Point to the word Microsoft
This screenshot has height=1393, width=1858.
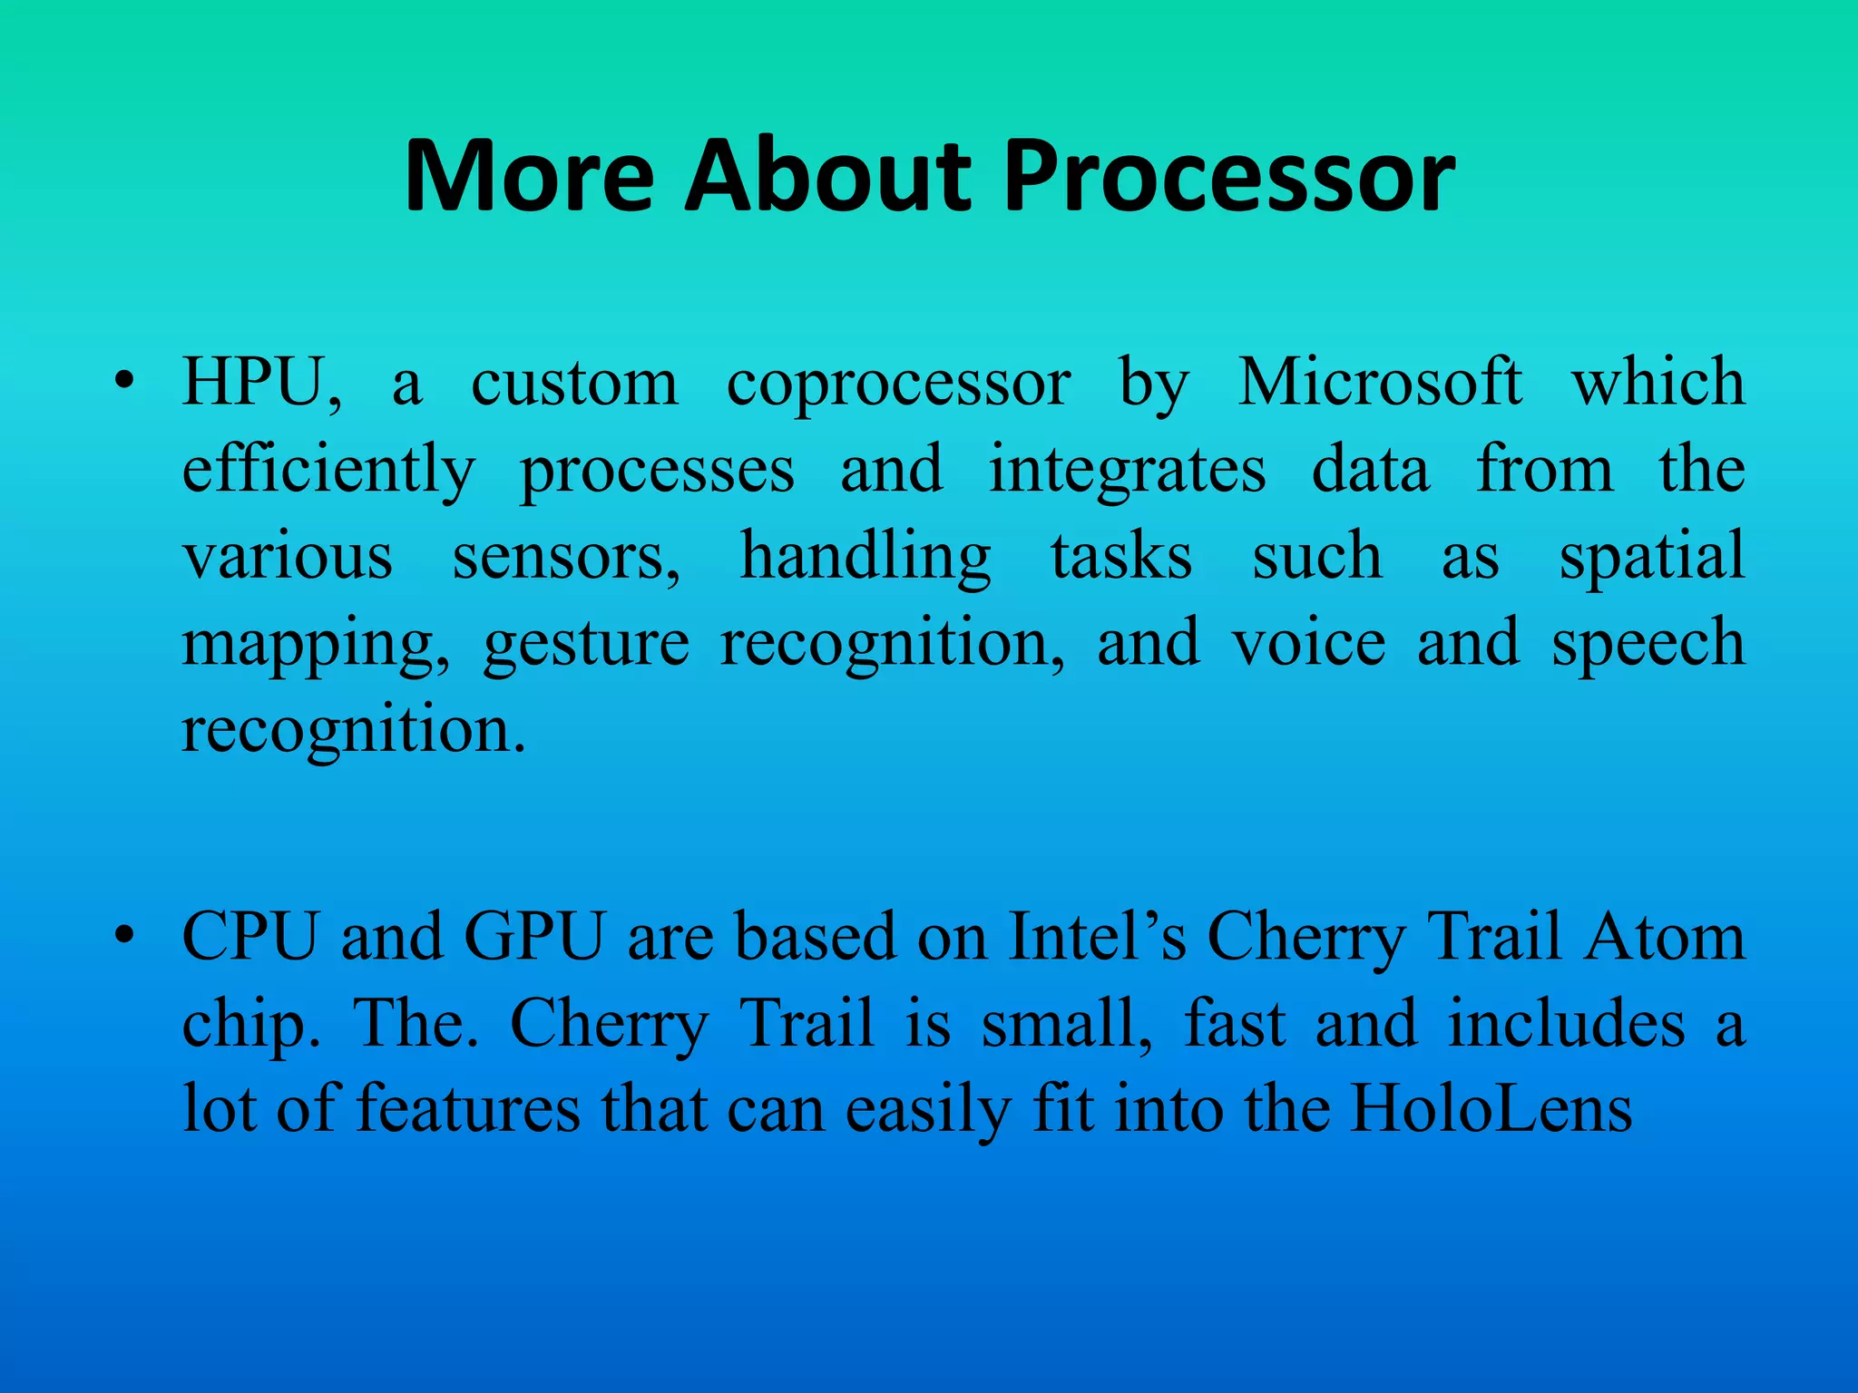tap(1380, 383)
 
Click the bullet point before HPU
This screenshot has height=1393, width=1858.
tap(125, 383)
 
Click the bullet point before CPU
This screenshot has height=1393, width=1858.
tap(125, 936)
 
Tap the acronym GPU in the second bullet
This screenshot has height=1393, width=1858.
tap(534, 936)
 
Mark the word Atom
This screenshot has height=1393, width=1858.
tap(1665, 936)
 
